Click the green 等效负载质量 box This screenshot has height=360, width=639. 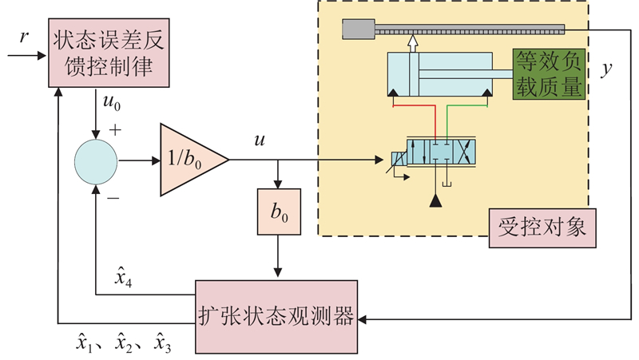pos(549,73)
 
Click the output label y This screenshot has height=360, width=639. pos(608,70)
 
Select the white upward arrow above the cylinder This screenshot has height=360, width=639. pos(413,42)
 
